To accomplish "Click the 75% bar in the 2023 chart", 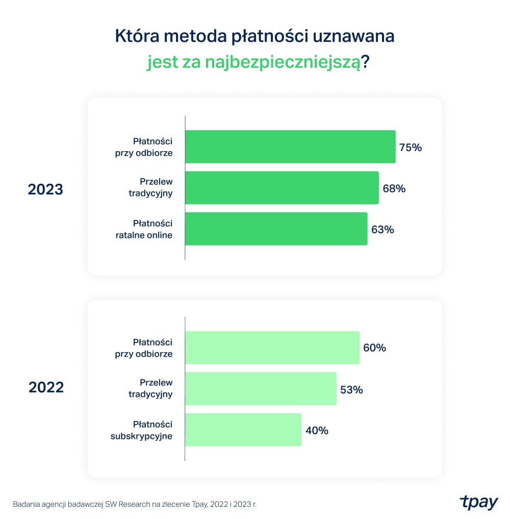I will point(290,147).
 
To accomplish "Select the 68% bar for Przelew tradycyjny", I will point(282,188).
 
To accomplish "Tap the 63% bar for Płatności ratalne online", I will point(276,229).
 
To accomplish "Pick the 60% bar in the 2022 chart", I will point(272,348).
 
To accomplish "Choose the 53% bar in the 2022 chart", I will point(261,389).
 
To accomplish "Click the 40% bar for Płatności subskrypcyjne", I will point(243,430).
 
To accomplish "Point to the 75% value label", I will point(411,147).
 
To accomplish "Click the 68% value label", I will point(394,188).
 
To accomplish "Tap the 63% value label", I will point(382,230).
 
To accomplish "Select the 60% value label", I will point(374,348).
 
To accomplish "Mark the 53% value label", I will point(351,389).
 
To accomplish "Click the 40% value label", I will point(316,430).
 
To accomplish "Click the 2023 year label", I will point(45,189).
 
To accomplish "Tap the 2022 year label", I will point(46,387).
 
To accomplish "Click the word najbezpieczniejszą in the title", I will point(282,63).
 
